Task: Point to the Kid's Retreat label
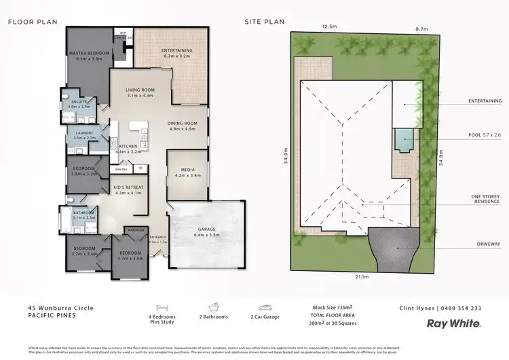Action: tap(128, 188)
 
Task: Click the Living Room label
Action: tap(140, 92)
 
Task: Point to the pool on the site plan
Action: tap(404, 141)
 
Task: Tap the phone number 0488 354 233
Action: tap(464, 308)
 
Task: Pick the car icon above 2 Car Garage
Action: tap(263, 308)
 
